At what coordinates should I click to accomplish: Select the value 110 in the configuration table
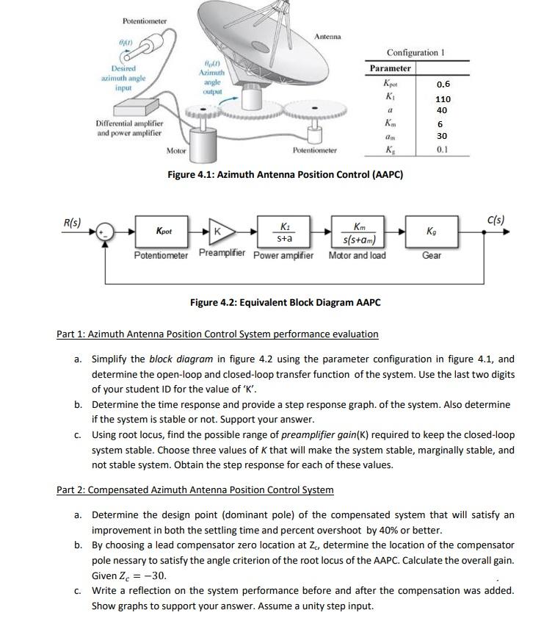point(443,98)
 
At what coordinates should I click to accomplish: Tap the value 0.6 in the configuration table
point(442,84)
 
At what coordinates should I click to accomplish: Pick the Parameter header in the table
point(390,68)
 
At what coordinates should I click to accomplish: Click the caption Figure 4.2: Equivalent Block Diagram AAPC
point(285,302)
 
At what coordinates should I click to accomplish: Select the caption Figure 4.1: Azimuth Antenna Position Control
point(285,175)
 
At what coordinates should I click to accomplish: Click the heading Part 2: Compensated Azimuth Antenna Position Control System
point(195,489)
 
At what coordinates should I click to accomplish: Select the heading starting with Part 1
point(217,334)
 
